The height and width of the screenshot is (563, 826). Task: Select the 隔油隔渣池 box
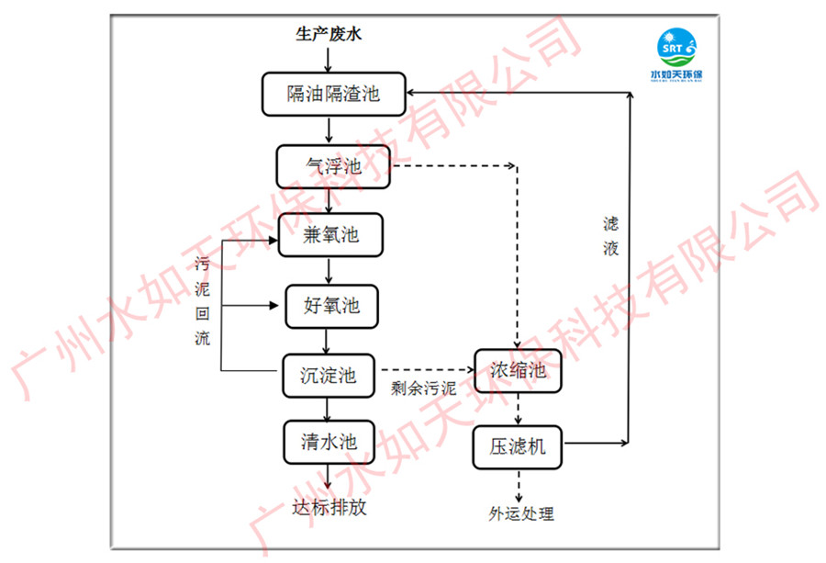[x=332, y=94]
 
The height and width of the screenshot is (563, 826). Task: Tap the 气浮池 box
[x=333, y=166]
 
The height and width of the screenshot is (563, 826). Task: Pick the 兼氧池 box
[x=330, y=235]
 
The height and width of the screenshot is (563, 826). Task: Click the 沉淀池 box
[x=329, y=376]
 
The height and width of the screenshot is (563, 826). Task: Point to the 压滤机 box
[x=518, y=446]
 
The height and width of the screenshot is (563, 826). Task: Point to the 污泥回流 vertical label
[x=203, y=301]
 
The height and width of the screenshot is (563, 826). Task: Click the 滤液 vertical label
[x=611, y=236]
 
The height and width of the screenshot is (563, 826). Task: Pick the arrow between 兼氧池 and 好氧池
[x=329, y=270]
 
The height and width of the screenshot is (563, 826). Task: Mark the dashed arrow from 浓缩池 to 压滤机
[x=519, y=409]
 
